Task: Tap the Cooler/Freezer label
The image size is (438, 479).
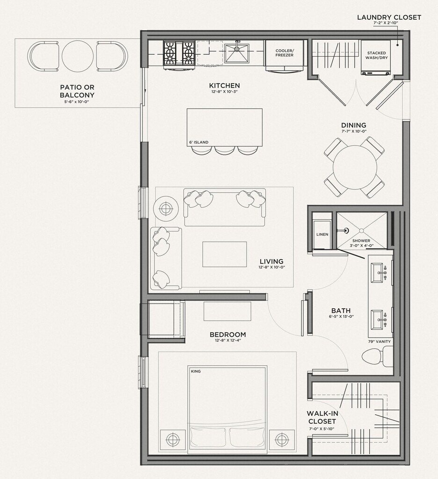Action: pos(284,53)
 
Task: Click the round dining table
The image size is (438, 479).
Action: pos(354,167)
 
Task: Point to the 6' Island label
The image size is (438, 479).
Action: pos(199,142)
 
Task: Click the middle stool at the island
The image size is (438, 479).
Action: pos(225,150)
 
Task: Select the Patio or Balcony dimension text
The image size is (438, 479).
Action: pos(77,102)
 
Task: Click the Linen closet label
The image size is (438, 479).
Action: pos(322,234)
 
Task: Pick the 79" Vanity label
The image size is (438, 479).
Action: pos(380,341)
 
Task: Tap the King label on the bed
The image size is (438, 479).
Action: pos(196,371)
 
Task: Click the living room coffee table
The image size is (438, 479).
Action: pos(224,254)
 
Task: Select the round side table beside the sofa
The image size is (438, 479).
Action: pos(166,209)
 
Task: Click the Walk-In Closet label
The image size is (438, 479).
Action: pos(322,417)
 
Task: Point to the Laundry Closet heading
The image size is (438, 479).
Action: pos(389,17)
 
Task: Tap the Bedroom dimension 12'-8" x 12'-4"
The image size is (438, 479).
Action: pos(228,341)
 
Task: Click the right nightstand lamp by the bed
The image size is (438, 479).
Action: pos(281,440)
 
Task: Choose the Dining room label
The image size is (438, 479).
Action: pos(354,125)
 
